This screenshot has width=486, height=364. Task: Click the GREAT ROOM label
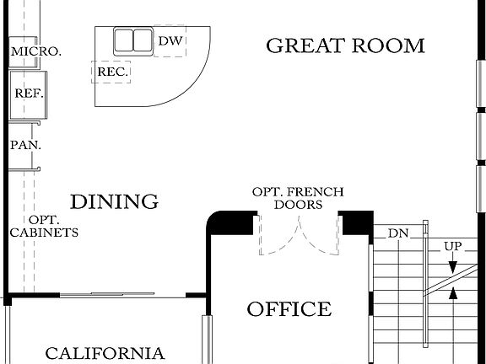[345, 45]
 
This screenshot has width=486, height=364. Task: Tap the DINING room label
[114, 202]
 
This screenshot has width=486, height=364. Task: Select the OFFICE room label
[289, 309]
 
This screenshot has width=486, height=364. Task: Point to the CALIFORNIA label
[105, 354]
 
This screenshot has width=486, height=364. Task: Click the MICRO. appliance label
[35, 51]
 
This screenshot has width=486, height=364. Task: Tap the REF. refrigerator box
[29, 94]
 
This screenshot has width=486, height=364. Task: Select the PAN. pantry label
[25, 145]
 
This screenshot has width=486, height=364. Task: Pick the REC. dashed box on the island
[111, 72]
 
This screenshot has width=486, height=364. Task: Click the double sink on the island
[133, 41]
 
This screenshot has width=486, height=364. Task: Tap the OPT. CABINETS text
[44, 226]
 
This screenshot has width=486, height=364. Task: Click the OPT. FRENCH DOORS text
[298, 199]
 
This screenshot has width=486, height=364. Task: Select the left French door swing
[278, 236]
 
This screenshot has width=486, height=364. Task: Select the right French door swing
[320, 236]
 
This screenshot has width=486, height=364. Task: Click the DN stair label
[397, 233]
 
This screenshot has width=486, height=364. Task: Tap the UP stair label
[453, 247]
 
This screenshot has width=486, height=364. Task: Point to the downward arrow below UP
[453, 265]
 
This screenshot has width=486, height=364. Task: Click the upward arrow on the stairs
[454, 294]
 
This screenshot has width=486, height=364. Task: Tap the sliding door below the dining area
[122, 295]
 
